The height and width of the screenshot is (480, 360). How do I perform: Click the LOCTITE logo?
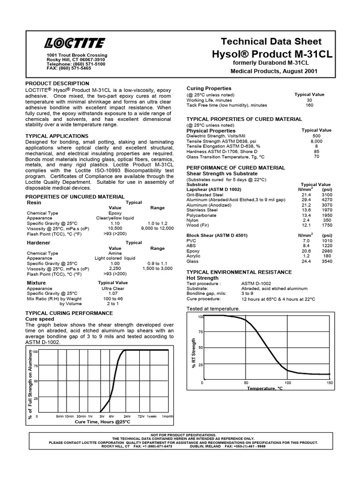(75, 44)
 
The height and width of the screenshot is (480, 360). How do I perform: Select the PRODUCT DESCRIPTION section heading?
(57, 83)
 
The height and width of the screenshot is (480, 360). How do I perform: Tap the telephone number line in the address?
(76, 64)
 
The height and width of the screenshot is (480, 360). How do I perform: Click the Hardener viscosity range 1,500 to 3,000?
(157, 269)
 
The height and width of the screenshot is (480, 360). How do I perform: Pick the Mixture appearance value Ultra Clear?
(115, 288)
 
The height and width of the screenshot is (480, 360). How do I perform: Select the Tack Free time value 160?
(309, 105)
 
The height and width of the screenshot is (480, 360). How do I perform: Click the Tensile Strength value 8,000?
(316, 141)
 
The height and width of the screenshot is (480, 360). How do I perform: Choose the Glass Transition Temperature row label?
(225, 157)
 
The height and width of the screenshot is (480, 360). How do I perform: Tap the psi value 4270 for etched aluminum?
(327, 199)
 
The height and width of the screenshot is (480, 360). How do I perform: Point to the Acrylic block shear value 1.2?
(306, 256)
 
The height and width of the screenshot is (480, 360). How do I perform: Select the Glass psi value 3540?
(327, 261)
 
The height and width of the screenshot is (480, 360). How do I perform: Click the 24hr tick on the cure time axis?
(127, 416)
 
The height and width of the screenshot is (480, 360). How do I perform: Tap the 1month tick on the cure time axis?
(167, 416)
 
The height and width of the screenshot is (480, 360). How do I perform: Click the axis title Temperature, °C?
(265, 388)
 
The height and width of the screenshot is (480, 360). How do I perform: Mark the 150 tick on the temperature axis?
(330, 382)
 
